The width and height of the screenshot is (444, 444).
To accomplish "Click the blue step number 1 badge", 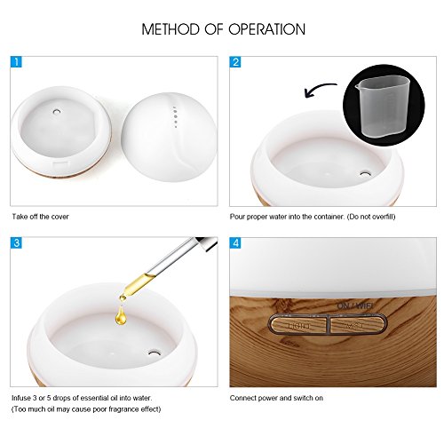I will (x=17, y=63).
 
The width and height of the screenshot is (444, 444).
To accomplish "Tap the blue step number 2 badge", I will (x=237, y=63).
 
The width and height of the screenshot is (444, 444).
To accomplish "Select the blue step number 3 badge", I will (x=17, y=242).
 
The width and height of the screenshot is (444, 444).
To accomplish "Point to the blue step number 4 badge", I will (x=237, y=242).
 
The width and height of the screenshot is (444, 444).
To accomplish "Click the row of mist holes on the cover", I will (x=176, y=115).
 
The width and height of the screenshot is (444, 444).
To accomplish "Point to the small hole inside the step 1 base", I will (x=54, y=114).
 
